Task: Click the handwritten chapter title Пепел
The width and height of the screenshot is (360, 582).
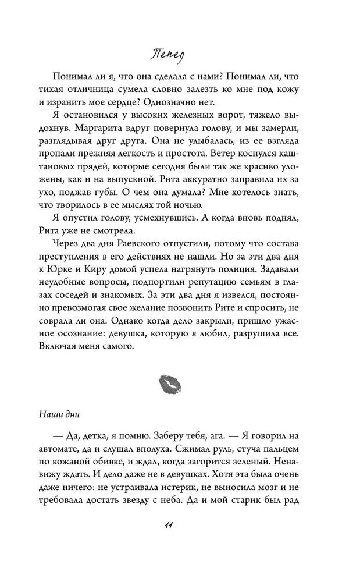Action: (x=179, y=54)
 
